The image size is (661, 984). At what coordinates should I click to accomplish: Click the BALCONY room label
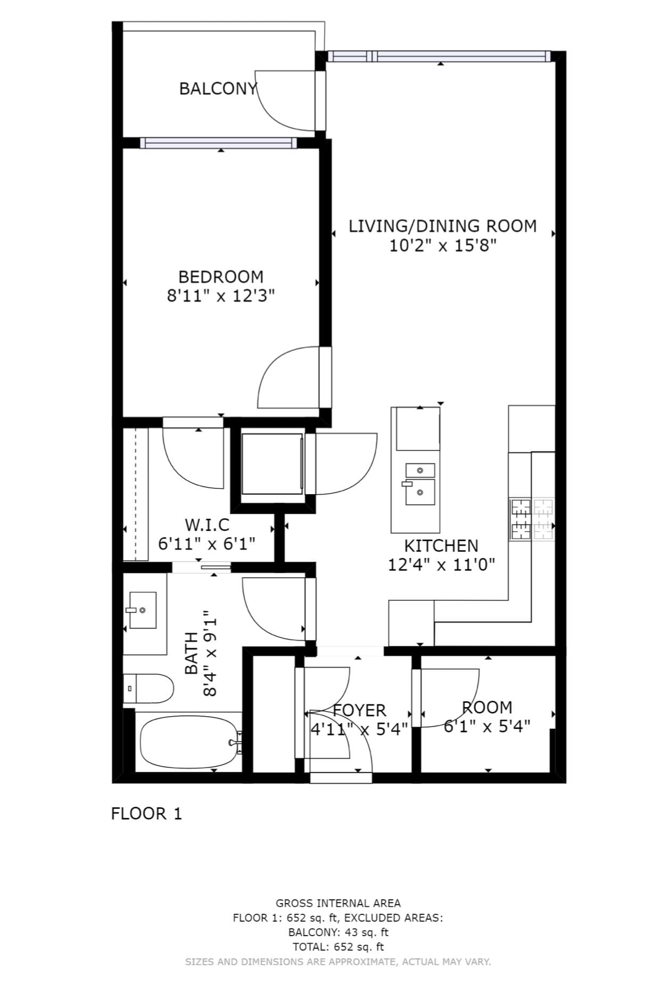[218, 88]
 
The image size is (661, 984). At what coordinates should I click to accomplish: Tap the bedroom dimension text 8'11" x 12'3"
[221, 296]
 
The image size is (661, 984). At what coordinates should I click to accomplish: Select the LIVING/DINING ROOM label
[443, 226]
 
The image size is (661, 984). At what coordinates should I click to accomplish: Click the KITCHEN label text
[441, 546]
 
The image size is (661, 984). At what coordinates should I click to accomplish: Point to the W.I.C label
[207, 525]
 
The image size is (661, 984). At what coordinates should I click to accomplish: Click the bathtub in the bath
[188, 742]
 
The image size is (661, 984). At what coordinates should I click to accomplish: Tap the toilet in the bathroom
[148, 688]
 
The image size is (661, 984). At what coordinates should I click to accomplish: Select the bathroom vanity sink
[142, 610]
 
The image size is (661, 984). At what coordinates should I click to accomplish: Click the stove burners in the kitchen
[532, 519]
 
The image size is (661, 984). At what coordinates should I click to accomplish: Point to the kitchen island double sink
[420, 484]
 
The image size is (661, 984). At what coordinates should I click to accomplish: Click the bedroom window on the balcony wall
[219, 143]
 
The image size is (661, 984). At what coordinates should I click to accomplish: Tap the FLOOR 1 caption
[146, 814]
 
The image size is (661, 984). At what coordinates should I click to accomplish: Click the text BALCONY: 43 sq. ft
[338, 932]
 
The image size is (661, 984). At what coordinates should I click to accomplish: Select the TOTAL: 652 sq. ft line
[338, 947]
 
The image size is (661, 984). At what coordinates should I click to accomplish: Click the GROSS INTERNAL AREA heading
[338, 903]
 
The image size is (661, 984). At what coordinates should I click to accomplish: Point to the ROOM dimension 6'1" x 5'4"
[487, 726]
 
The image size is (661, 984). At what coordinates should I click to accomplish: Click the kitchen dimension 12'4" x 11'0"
[441, 564]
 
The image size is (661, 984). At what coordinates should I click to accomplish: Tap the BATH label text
[192, 653]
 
